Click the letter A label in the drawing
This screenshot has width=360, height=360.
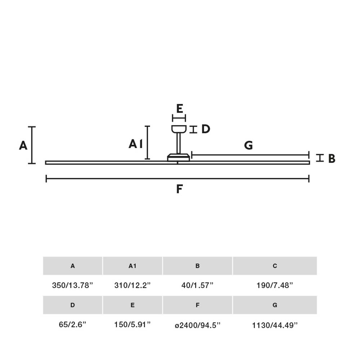pyautogui.click(x=23, y=145)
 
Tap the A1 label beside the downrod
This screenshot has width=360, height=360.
pyautogui.click(x=136, y=144)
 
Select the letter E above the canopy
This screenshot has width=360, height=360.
pyautogui.click(x=180, y=108)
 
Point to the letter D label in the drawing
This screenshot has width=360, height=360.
pyautogui.click(x=206, y=129)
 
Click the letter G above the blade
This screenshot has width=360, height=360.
pyautogui.click(x=248, y=145)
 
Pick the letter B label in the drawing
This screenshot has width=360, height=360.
pyautogui.click(x=332, y=158)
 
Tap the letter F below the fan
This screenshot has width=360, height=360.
pyautogui.click(x=179, y=189)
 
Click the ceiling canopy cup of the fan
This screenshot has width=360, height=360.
pyautogui.click(x=179, y=129)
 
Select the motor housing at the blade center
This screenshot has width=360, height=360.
pyautogui.click(x=179, y=157)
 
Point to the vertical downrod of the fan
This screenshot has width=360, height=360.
pyautogui.click(x=179, y=143)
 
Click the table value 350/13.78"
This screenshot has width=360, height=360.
pyautogui.click(x=73, y=285)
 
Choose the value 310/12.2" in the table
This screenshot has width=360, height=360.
pyautogui.click(x=132, y=285)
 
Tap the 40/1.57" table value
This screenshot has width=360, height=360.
pyautogui.click(x=197, y=285)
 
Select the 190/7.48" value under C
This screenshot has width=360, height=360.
pyautogui.click(x=275, y=285)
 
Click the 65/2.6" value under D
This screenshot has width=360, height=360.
pyautogui.click(x=73, y=324)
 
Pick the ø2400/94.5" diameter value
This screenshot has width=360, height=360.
pyautogui.click(x=197, y=325)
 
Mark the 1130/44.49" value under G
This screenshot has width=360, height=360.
pyautogui.click(x=275, y=325)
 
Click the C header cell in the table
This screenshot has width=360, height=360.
pyautogui.click(x=275, y=266)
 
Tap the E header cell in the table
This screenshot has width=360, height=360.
pyautogui.click(x=132, y=305)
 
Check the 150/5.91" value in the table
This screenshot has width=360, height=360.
pyautogui.click(x=132, y=324)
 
